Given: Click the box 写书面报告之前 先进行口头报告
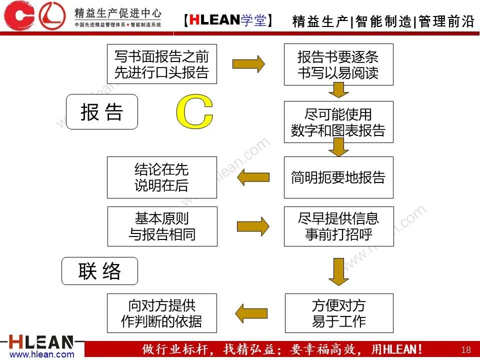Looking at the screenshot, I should pos(161,64).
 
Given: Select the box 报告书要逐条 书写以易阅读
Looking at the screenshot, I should pos(338,64).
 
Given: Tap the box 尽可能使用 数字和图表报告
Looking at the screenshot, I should pos(338,122).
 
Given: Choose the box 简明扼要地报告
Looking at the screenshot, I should pos(338,177).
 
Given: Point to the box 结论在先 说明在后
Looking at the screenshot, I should pos(161,177).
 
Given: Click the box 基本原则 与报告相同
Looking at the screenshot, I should pos(162,226).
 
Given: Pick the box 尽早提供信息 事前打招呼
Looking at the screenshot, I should pos(338,226).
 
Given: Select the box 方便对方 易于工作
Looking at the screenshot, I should pos(339,313).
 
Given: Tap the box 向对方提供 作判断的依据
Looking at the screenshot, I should pos(162,313).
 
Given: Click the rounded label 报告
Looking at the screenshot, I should pos(102,112).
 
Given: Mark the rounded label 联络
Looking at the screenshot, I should pos(99,271).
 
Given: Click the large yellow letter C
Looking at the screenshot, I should pos(194,111).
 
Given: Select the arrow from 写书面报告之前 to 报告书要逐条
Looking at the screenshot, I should pos(248,63).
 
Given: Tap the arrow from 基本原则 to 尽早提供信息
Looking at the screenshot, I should pos(252,226).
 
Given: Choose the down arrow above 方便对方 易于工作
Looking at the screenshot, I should pos(338,271).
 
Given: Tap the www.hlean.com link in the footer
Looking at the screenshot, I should pos(42,354).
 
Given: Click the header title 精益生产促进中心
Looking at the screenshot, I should pos(118,12).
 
